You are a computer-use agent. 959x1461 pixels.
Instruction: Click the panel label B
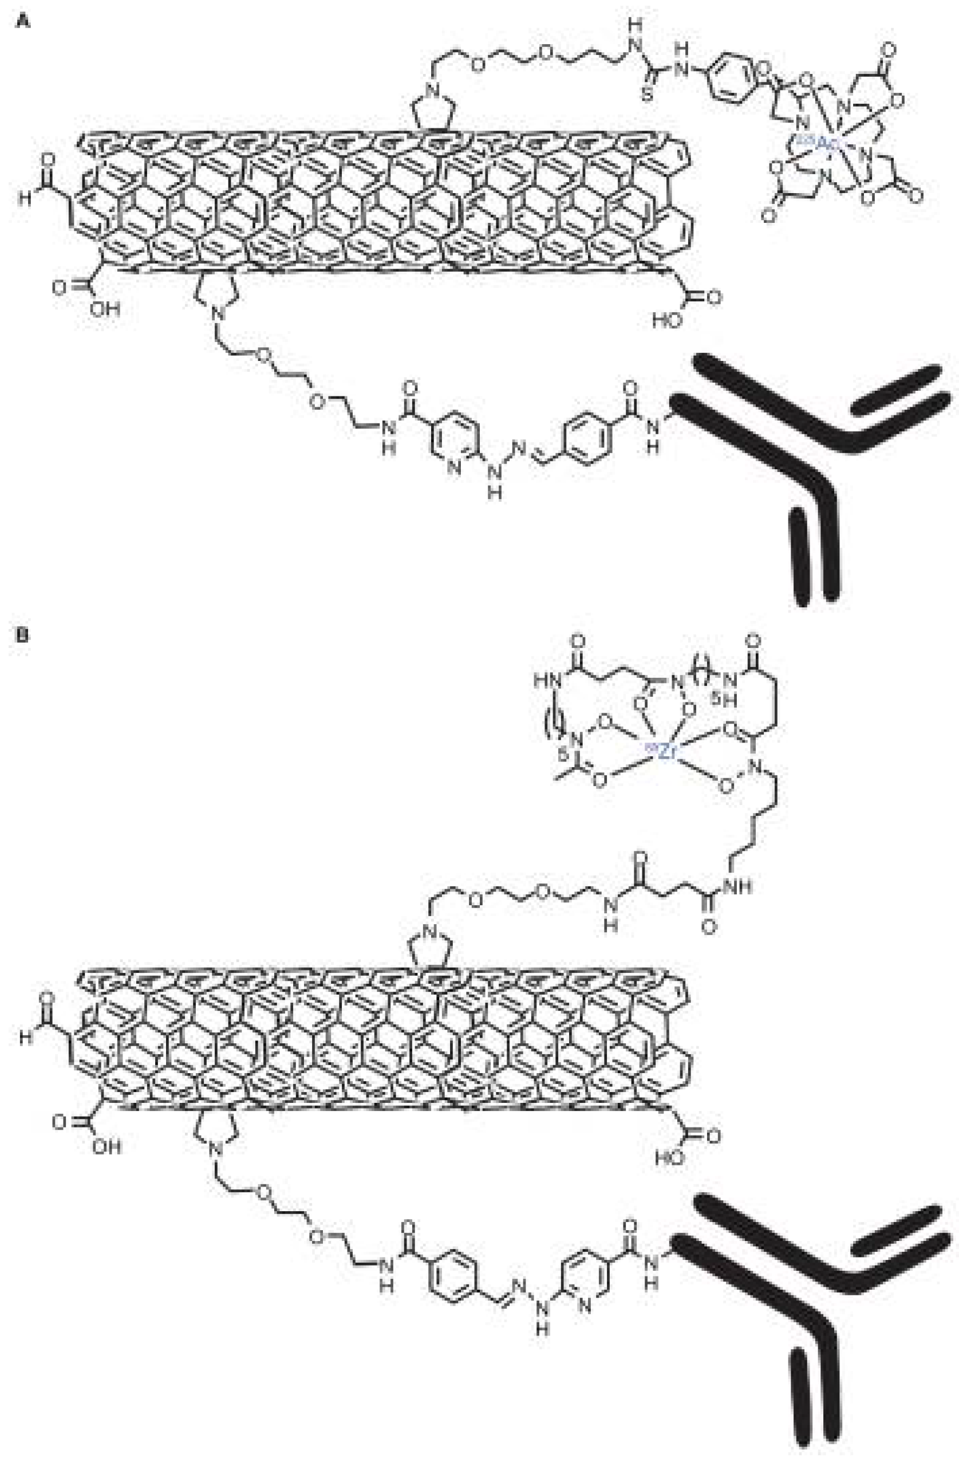click(x=23, y=634)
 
